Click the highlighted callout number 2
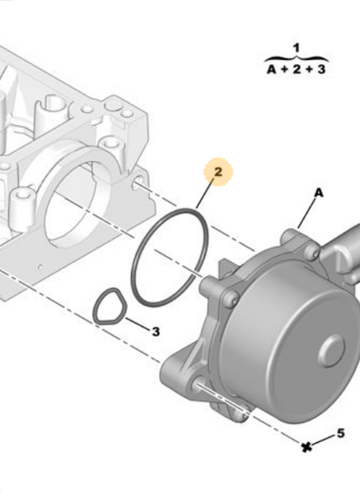pos(218,172)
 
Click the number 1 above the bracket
pos(297,48)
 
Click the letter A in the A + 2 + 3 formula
pos(271,70)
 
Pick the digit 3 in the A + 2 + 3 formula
pos(321,70)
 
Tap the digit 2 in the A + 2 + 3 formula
pos(297,70)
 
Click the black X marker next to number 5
pos(307,447)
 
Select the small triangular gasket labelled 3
pos(109,307)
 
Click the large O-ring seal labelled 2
pos(167,257)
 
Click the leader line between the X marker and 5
pos(324,440)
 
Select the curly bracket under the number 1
pos(297,58)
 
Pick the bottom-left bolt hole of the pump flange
pos(201,382)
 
